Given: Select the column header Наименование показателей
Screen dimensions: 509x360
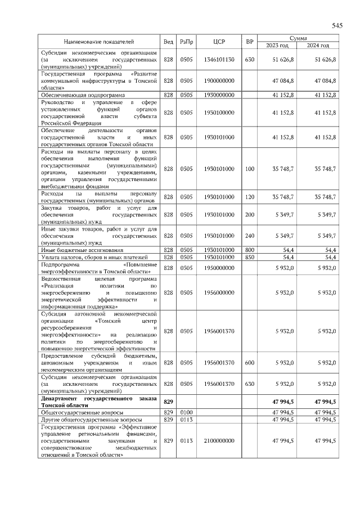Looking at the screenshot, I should coord(98,42).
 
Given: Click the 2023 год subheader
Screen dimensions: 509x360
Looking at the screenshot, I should coord(276,45).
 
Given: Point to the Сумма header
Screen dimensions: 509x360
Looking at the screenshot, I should coord(298,38).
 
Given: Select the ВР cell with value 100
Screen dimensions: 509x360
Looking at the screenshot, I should coord(250,169).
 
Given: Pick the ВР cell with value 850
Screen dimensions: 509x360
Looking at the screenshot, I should coord(250,257).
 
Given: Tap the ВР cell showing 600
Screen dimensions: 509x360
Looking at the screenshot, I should coord(250,363).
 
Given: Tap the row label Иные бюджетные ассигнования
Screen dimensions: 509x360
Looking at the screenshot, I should coord(79,250).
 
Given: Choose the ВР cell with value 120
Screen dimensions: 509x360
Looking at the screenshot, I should coord(250,197).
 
